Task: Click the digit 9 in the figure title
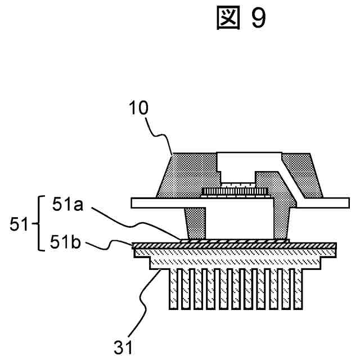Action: pos(257,19)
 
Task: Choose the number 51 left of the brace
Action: pos(20,225)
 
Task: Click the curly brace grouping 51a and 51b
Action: pos(40,224)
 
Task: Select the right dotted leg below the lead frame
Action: pos(283,223)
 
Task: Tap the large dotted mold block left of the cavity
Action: pos(186,174)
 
